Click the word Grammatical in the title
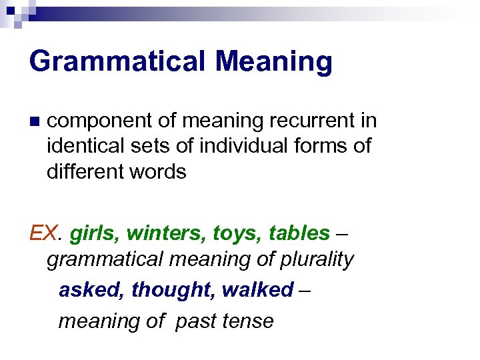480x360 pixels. tap(117, 61)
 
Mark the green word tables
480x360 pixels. tap(299, 233)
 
